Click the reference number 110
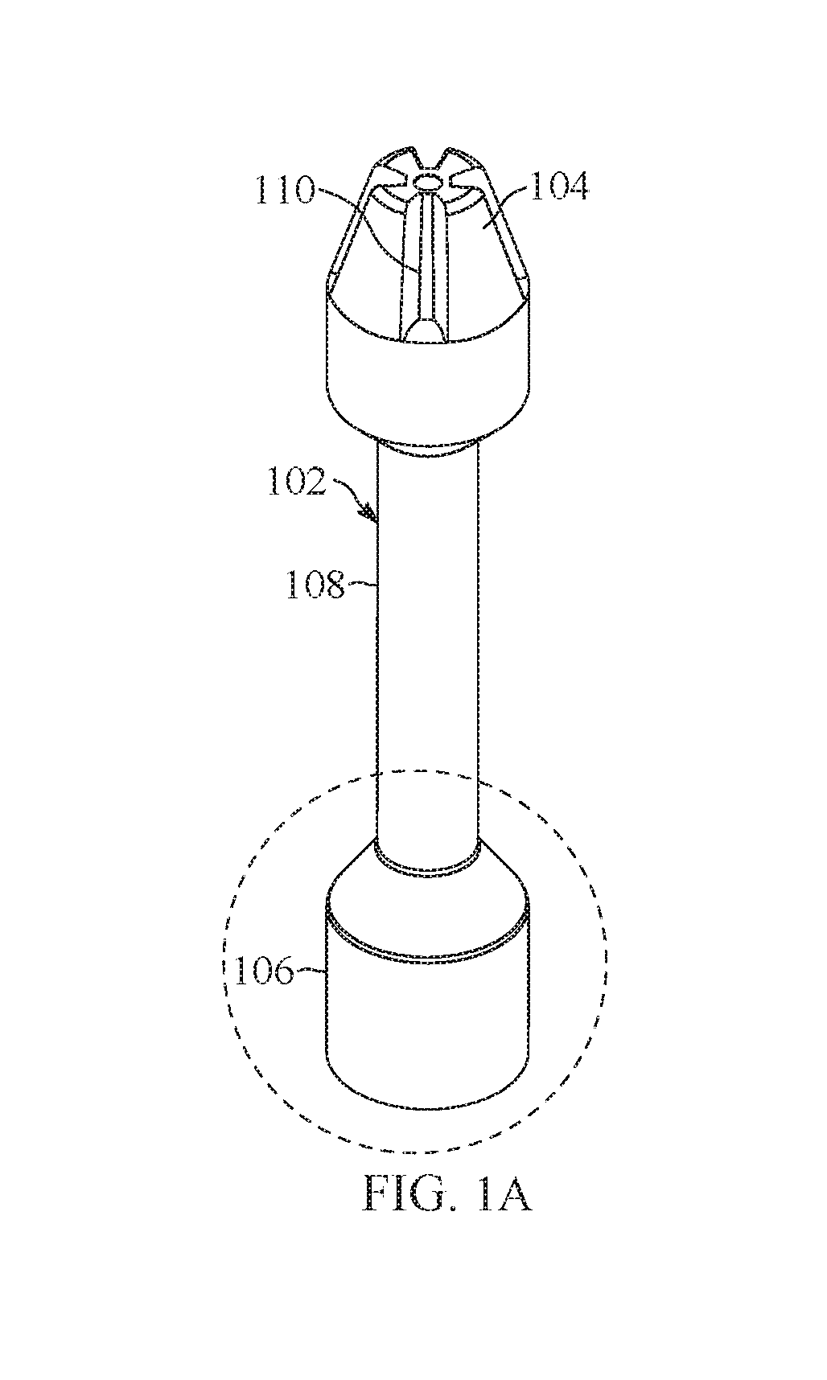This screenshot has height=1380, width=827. pyautogui.click(x=284, y=192)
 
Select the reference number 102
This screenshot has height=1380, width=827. pyautogui.click(x=296, y=483)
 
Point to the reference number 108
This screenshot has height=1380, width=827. pyautogui.click(x=316, y=585)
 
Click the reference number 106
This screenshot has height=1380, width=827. pyautogui.click(x=262, y=971)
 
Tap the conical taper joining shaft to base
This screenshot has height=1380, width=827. pyautogui.click(x=427, y=885)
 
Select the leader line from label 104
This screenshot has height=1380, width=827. pyautogui.click(x=506, y=209)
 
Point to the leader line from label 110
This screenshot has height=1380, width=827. pyautogui.click(x=370, y=230)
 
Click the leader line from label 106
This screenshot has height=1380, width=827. pyautogui.click(x=311, y=972)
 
